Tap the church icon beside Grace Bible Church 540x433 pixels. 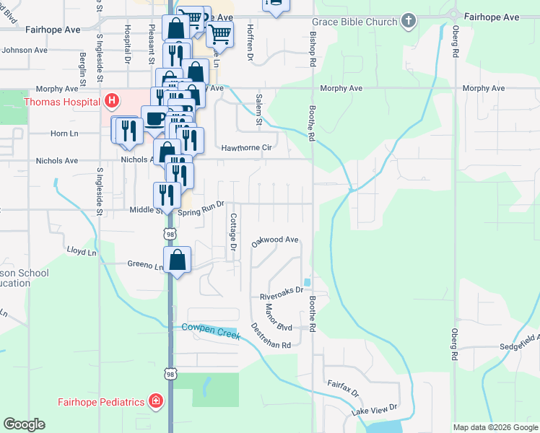click(409, 21)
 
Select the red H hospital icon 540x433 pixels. click(112, 102)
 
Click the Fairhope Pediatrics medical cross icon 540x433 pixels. click(154, 401)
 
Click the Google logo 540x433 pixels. click(25, 424)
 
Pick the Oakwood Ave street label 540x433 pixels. click(275, 240)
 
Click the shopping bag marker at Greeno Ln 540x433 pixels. click(178, 260)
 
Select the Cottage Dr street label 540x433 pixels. click(233, 232)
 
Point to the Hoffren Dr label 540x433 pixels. click(251, 45)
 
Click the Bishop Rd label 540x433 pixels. click(313, 48)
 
